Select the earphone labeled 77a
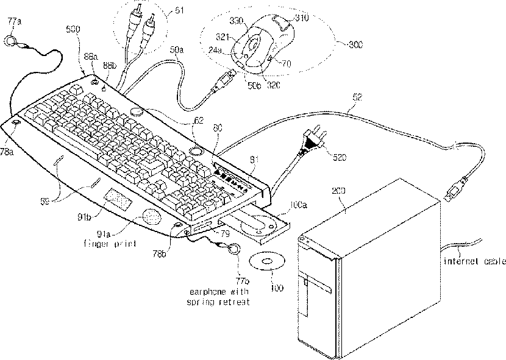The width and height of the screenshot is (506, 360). tap(10, 41)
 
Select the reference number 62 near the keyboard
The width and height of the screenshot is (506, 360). tap(198, 121)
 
